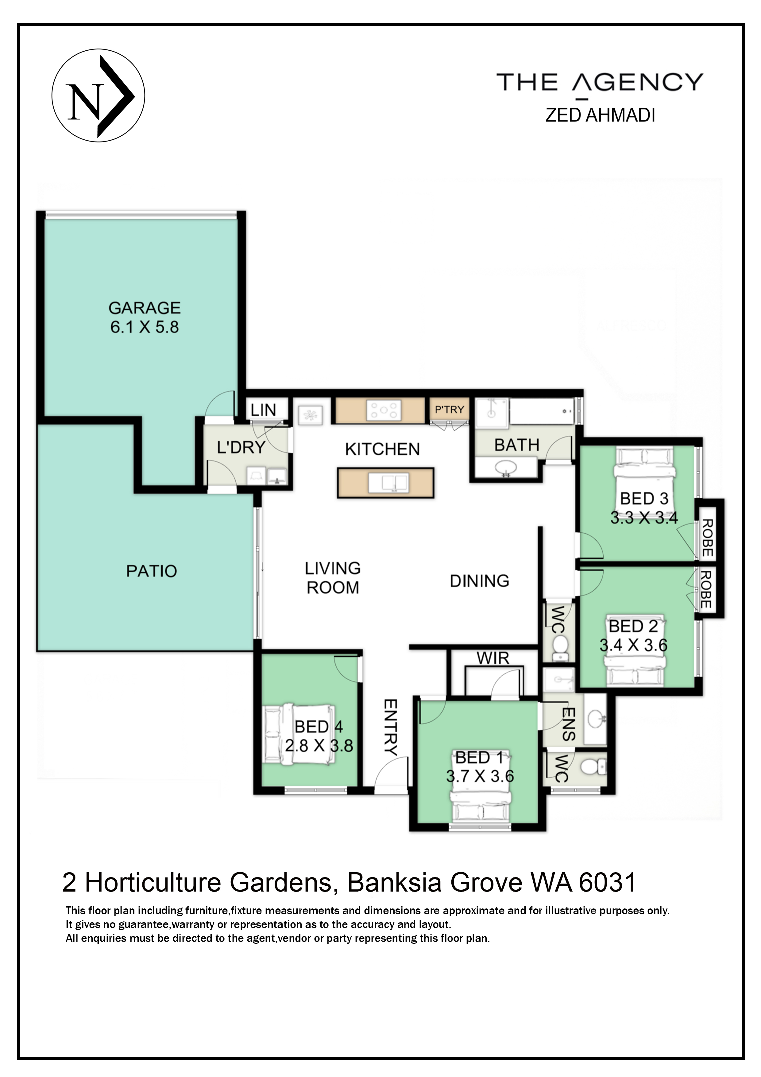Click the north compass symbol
[98, 96]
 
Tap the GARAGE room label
[145, 308]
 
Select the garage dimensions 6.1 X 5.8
[145, 327]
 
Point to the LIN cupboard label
[263, 410]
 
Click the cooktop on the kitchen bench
[384, 410]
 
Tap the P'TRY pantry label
[449, 410]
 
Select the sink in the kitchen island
[389, 482]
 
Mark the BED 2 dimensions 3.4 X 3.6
[633, 645]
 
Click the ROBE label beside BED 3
[707, 538]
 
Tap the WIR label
[493, 658]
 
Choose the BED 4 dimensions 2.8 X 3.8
[319, 745]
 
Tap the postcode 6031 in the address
[607, 882]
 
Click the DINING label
[479, 581]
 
